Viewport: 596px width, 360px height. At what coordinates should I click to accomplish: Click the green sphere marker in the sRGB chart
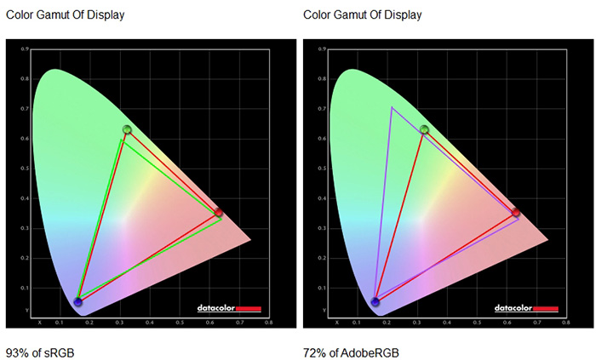pos(127,129)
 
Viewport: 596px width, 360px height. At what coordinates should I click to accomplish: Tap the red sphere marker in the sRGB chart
pos(219,212)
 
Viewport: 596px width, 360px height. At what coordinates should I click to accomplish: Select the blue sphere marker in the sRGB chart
pos(78,301)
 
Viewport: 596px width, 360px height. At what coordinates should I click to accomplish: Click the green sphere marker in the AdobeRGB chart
pos(424,129)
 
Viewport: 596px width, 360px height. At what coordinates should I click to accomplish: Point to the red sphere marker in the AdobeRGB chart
pos(516,212)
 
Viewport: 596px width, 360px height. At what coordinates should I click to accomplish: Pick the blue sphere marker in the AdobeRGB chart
pos(375,301)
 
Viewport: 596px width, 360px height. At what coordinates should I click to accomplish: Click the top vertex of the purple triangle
pos(392,107)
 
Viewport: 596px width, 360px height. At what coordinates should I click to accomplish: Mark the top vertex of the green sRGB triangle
pos(123,140)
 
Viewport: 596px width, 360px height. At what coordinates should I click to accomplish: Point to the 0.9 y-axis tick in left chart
pos(26,49)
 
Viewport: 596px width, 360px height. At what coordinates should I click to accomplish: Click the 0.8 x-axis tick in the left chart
pos(269,323)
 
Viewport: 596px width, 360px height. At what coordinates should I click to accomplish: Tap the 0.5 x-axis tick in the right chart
pos(476,323)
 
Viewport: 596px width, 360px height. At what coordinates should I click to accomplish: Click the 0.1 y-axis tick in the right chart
pos(324,289)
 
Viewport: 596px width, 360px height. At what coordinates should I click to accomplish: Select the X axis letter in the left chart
pos(40,323)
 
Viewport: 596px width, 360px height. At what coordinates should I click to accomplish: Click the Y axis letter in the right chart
pos(324,309)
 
